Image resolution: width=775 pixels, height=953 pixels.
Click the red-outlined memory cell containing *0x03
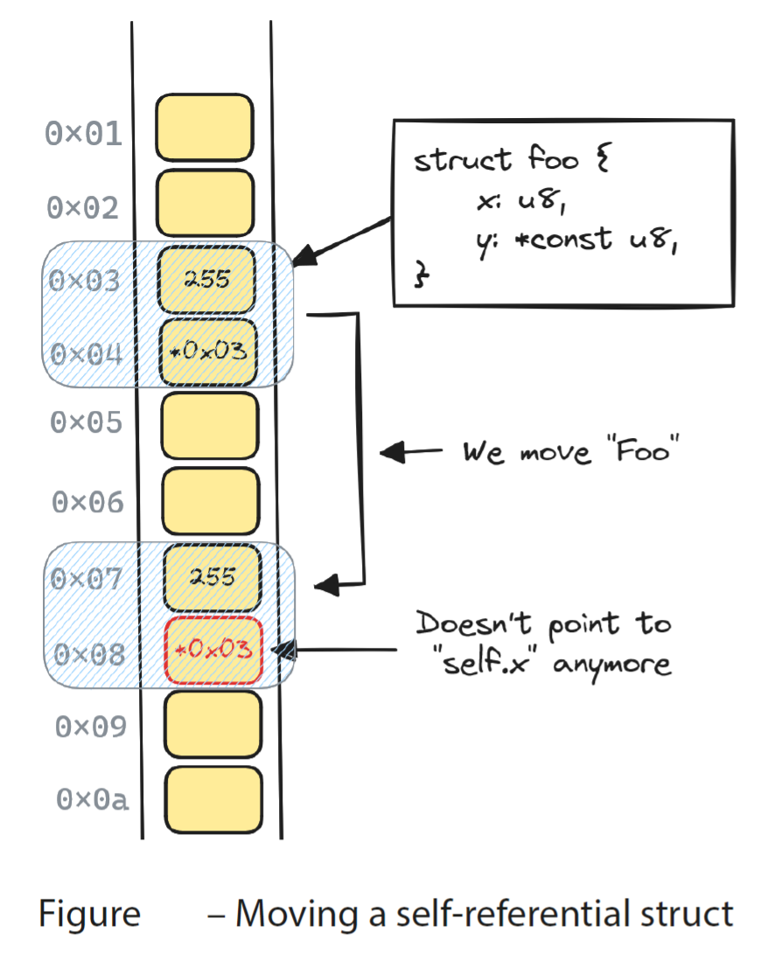pos(213,650)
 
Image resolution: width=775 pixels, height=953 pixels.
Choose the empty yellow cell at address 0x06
pos(211,501)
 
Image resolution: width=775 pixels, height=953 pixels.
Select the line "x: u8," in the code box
pos(512,202)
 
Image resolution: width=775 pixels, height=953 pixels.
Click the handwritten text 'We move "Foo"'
pos(571,453)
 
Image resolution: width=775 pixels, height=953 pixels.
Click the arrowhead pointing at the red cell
pos(285,650)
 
